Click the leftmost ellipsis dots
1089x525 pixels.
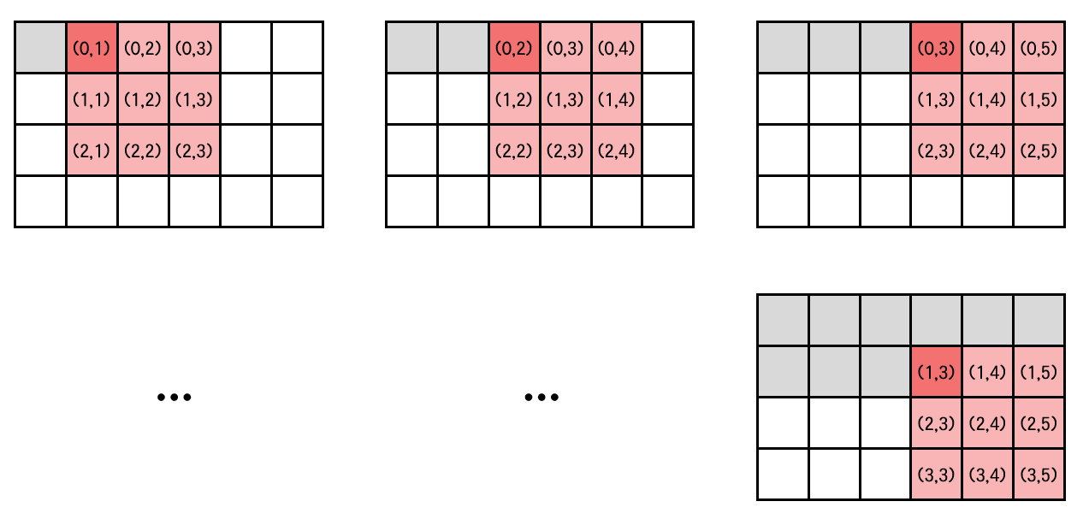[175, 397]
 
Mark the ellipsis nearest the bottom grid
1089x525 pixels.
[541, 397]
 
